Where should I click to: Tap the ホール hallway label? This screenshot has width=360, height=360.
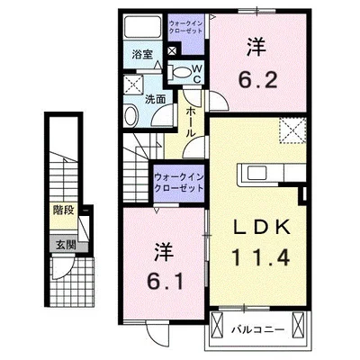click(191, 118)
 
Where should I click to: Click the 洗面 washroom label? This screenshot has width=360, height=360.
click(155, 99)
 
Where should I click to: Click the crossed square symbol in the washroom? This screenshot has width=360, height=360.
click(131, 85)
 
